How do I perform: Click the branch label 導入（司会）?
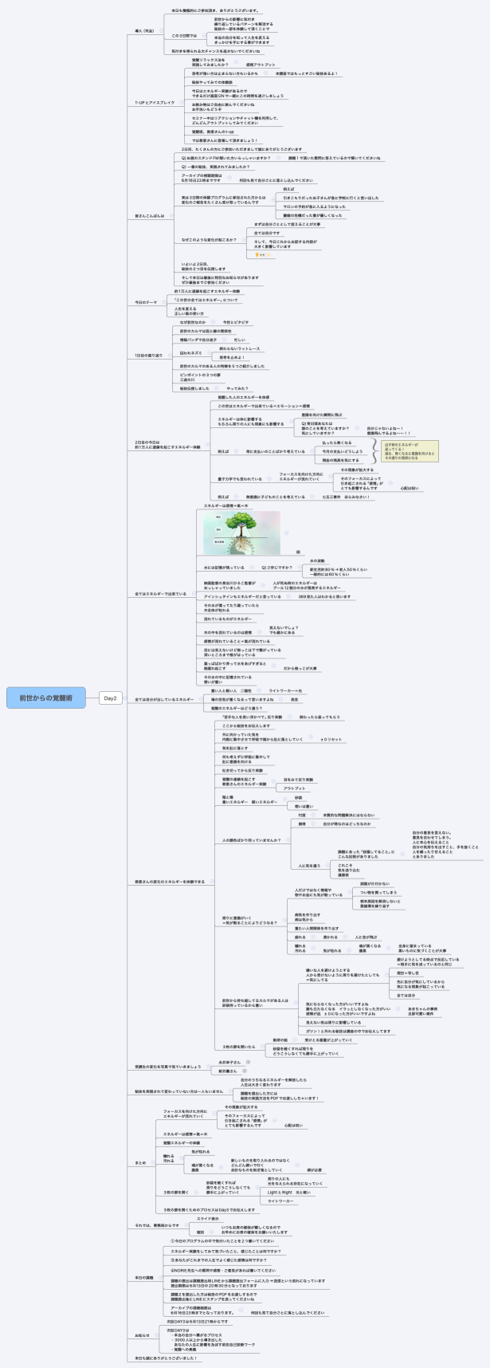pos(145,29)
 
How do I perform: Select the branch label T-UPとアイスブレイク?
pos(153,103)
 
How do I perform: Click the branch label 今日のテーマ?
pos(147,302)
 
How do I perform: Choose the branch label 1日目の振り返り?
pos(148,355)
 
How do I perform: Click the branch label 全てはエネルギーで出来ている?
pos(160,593)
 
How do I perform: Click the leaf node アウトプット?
pos(294,788)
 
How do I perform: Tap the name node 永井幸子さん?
pos(229,1062)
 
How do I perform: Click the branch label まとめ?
pos(140,1162)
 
